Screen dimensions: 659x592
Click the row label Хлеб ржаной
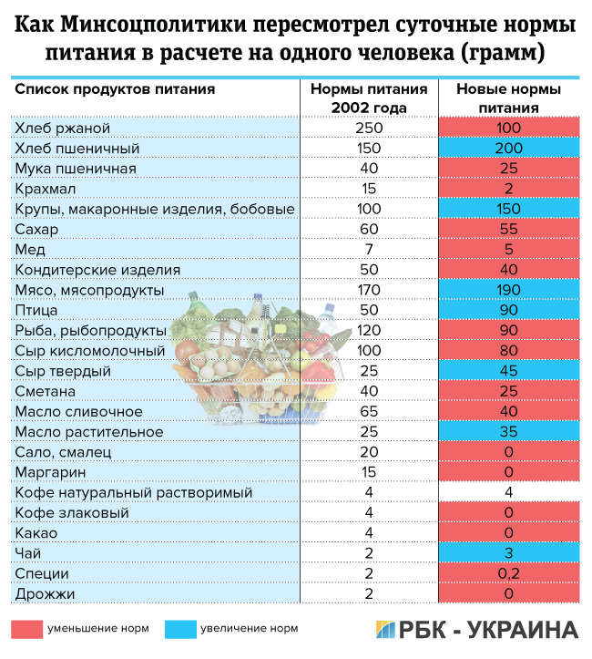63,129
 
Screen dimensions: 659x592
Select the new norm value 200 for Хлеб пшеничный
508,149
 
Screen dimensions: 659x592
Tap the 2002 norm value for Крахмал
369,189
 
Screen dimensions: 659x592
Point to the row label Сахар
36,230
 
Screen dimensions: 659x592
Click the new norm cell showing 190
508,290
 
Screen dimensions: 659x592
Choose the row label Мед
28,250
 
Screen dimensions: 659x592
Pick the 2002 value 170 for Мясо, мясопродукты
369,290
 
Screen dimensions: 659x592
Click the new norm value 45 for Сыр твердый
508,371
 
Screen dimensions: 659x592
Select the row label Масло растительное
89,431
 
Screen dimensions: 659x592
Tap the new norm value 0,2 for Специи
508,573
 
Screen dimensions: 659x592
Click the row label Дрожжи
45,594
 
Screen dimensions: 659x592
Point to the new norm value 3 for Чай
508,553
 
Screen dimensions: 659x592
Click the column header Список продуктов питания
115,90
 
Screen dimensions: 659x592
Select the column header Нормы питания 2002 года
369,98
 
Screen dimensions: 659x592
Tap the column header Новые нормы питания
508,98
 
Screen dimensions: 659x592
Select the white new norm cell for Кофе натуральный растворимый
508,493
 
